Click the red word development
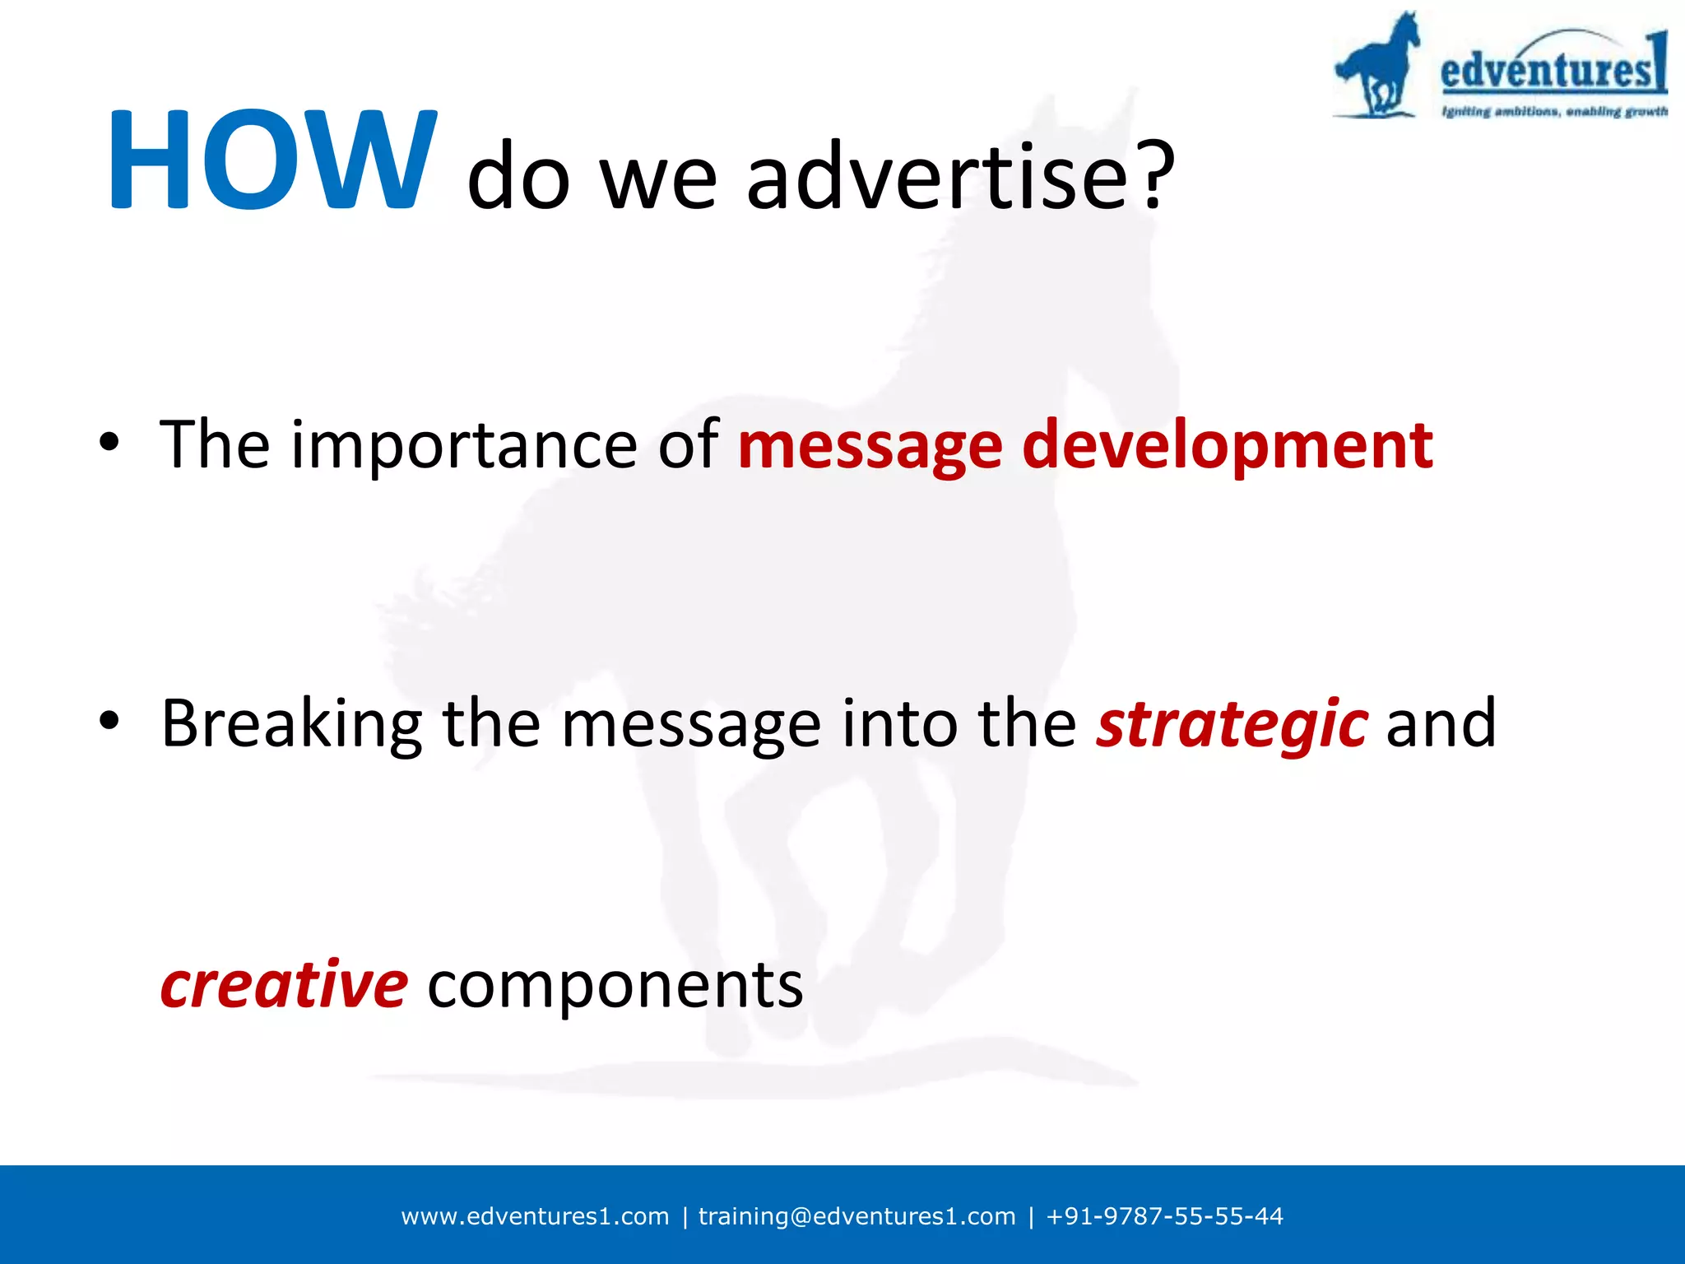pyautogui.click(x=1227, y=446)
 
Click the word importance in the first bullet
pyautogui.click(x=463, y=446)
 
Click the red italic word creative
pyautogui.click(x=284, y=984)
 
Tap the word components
pyautogui.click(x=615, y=986)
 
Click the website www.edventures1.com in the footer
pyautogui.click(x=535, y=1216)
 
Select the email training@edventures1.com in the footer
pyautogui.click(x=856, y=1216)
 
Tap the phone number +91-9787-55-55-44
pyautogui.click(x=1164, y=1216)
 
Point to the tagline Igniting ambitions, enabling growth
pyautogui.click(x=1553, y=112)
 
